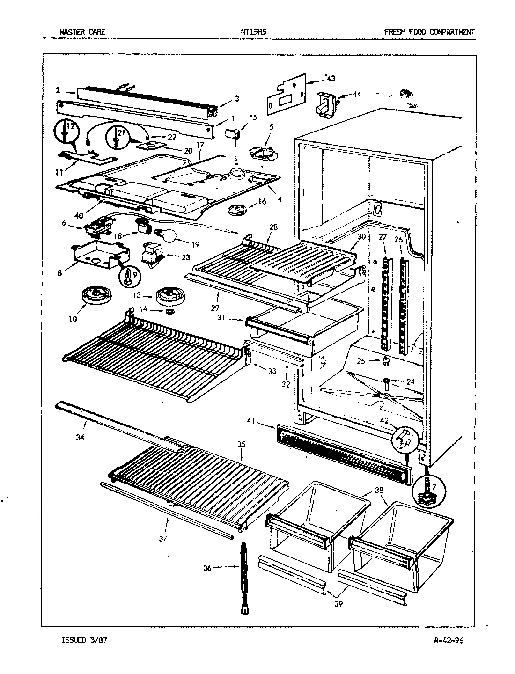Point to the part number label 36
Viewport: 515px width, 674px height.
coord(207,568)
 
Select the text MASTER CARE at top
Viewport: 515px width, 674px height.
coord(82,32)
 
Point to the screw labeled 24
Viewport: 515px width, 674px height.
coord(387,383)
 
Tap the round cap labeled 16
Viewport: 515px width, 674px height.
coord(238,210)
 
